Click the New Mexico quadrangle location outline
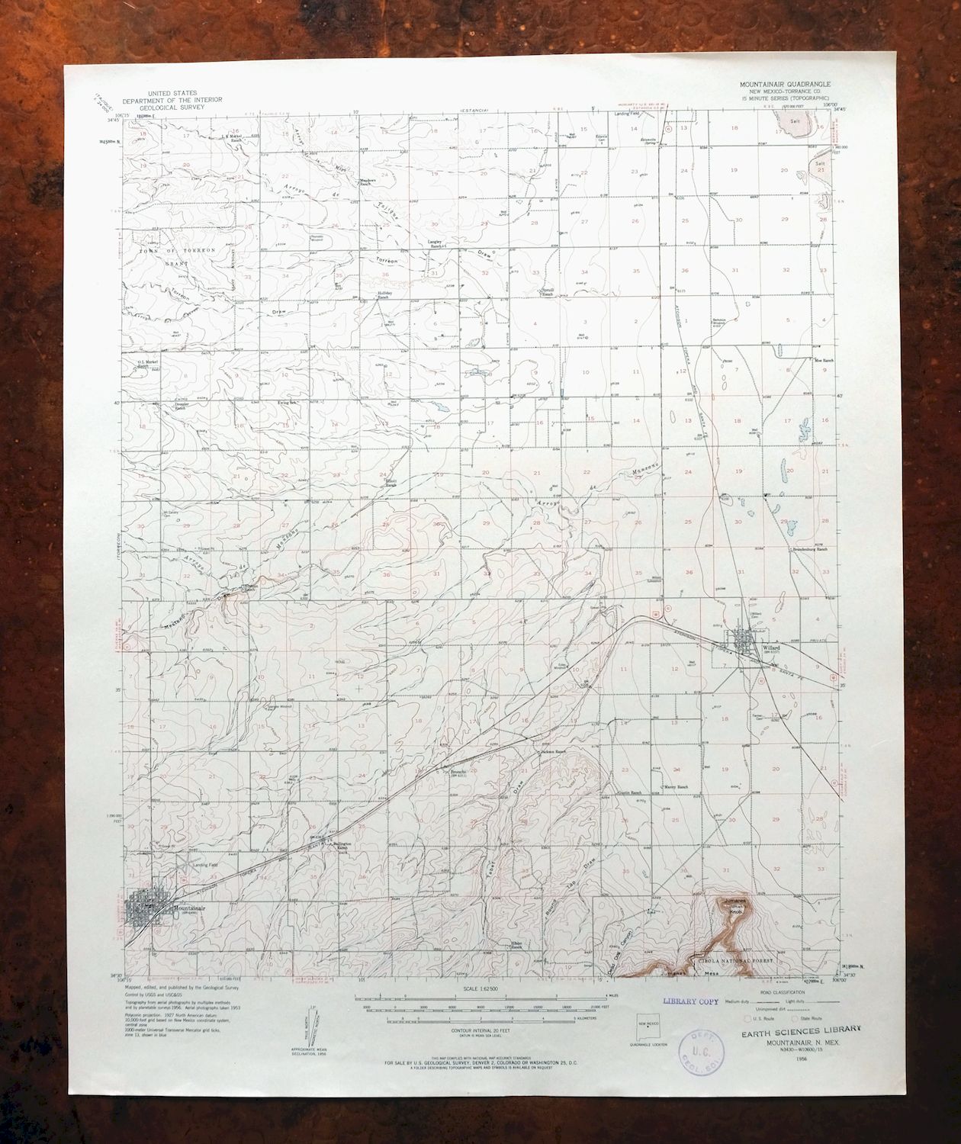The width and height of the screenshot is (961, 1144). click(648, 1028)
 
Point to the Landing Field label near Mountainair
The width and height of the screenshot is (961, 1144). click(205, 864)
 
